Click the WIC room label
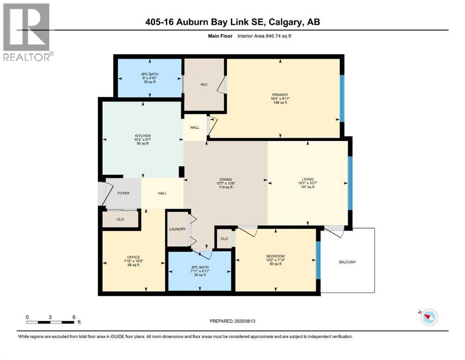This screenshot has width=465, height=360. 204,85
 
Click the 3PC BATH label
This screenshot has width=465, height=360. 149,74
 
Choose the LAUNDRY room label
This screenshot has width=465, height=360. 177,229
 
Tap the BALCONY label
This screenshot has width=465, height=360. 347,262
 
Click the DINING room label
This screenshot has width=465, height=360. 225,179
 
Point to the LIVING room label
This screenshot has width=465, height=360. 308,179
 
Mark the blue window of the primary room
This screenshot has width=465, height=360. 342,98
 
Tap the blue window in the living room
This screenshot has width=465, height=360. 349,183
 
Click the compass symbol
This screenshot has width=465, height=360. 428,317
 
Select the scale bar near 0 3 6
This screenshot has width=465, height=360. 51,322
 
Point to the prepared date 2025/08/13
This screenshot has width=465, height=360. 233,321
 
